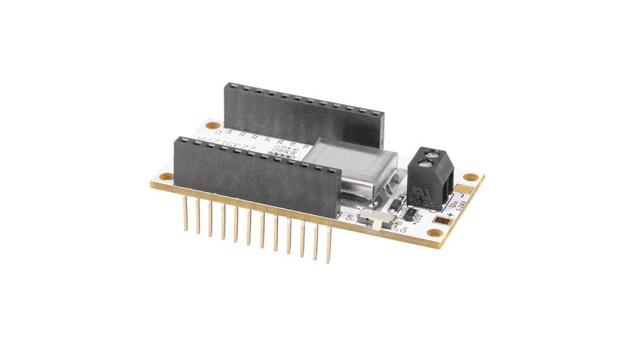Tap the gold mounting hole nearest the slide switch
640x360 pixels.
coord(435,233)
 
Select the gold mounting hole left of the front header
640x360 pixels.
coord(166,177)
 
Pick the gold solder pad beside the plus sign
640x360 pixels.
coord(441,219)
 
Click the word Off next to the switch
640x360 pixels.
coord(350,218)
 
